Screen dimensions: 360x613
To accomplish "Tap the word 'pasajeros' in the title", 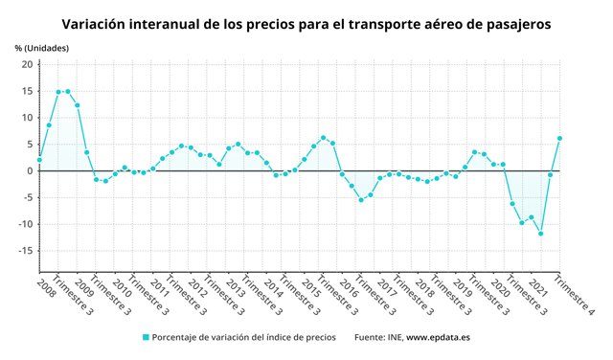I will [513, 22].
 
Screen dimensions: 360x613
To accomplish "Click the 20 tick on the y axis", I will [28, 64].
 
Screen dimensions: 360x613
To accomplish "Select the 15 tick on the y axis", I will [28, 91].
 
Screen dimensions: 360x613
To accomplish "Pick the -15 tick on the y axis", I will [25, 251].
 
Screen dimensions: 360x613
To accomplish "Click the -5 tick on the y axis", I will [28, 198].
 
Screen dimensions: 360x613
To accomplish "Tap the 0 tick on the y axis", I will [30, 171].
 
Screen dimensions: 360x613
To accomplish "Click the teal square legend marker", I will [147, 337].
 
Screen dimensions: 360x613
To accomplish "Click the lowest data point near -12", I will [541, 234].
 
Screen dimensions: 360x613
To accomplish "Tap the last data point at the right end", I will [559, 138].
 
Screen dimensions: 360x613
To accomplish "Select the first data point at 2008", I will [39, 160].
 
